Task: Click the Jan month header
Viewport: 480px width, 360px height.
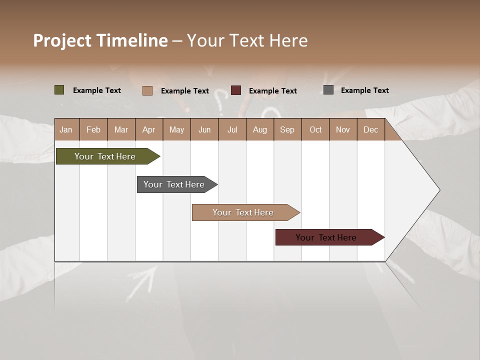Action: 66,130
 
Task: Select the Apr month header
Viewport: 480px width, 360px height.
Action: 148,130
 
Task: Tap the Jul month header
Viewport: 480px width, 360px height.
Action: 232,130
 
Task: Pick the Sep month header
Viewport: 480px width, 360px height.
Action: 287,130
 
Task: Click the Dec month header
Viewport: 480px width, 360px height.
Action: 370,130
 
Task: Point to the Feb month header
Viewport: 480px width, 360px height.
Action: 93,130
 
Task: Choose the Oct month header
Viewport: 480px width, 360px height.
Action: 315,130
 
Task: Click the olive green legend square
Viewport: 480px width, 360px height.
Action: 59,90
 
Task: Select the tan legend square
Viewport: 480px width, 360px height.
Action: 147,90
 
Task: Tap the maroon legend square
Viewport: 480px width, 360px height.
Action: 236,90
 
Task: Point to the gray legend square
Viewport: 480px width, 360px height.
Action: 328,90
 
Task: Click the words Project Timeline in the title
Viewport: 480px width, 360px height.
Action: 100,40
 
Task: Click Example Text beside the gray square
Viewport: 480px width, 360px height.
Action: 364,90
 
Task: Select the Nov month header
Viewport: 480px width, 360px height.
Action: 343,130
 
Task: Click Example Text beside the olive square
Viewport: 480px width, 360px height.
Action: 96,90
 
